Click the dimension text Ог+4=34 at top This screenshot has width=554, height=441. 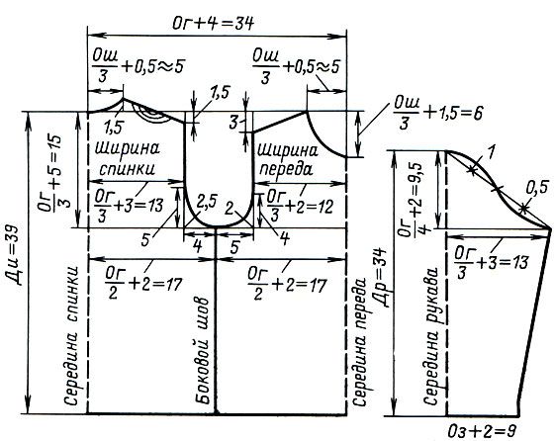pyautogui.click(x=213, y=24)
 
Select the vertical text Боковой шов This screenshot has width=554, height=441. pyautogui.click(x=203, y=351)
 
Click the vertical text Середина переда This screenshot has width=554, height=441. pyautogui.click(x=361, y=341)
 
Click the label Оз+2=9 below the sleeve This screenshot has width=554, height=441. pyautogui.click(x=482, y=431)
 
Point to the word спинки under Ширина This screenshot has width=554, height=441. pyautogui.click(x=128, y=169)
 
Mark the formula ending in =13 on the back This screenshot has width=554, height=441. pyautogui.click(x=129, y=206)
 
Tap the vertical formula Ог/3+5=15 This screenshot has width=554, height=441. pyautogui.click(x=53, y=174)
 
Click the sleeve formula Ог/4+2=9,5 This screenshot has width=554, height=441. pyautogui.click(x=414, y=198)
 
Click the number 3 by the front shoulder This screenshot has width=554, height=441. pyautogui.click(x=233, y=123)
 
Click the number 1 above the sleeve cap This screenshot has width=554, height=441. pyautogui.click(x=491, y=151)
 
